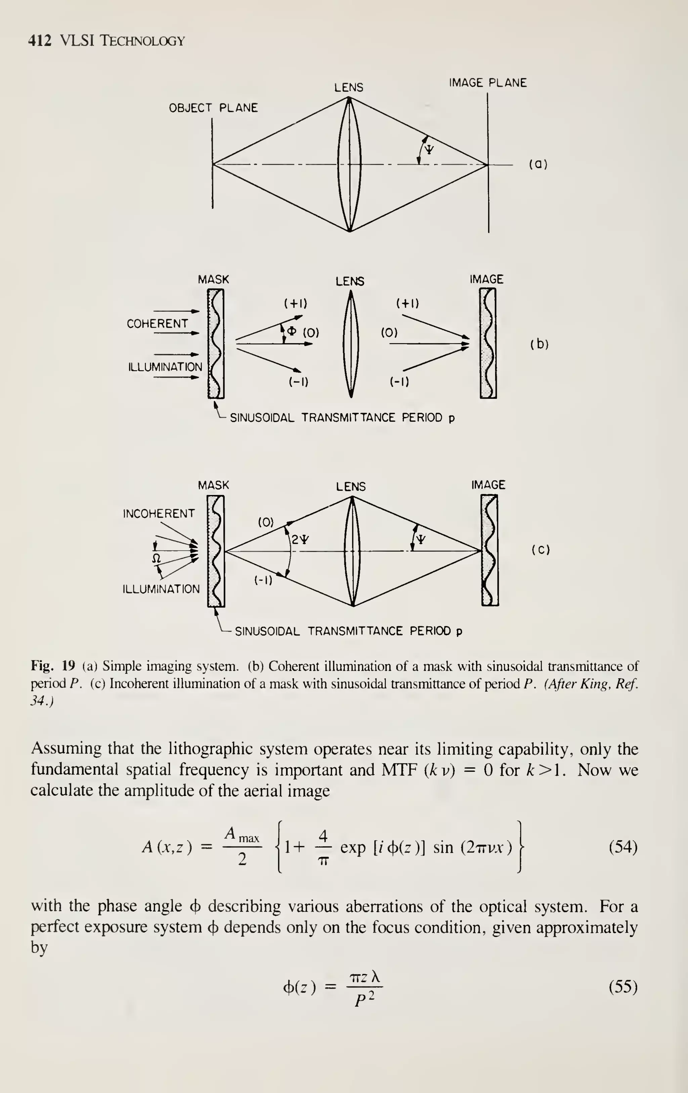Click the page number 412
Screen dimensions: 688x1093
click(40, 41)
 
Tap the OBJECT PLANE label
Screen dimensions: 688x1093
click(213, 108)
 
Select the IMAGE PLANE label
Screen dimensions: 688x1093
click(487, 83)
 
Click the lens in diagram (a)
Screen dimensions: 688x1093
click(349, 164)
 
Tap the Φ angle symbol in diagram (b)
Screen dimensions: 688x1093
click(292, 331)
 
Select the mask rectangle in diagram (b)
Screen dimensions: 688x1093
click(216, 344)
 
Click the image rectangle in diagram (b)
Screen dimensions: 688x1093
click(488, 344)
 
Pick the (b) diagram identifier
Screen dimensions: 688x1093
click(539, 345)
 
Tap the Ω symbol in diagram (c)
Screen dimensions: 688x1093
click(156, 558)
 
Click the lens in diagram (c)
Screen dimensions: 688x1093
click(352, 551)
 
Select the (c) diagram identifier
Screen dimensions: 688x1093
click(541, 550)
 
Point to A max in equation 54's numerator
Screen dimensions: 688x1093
click(242, 834)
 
